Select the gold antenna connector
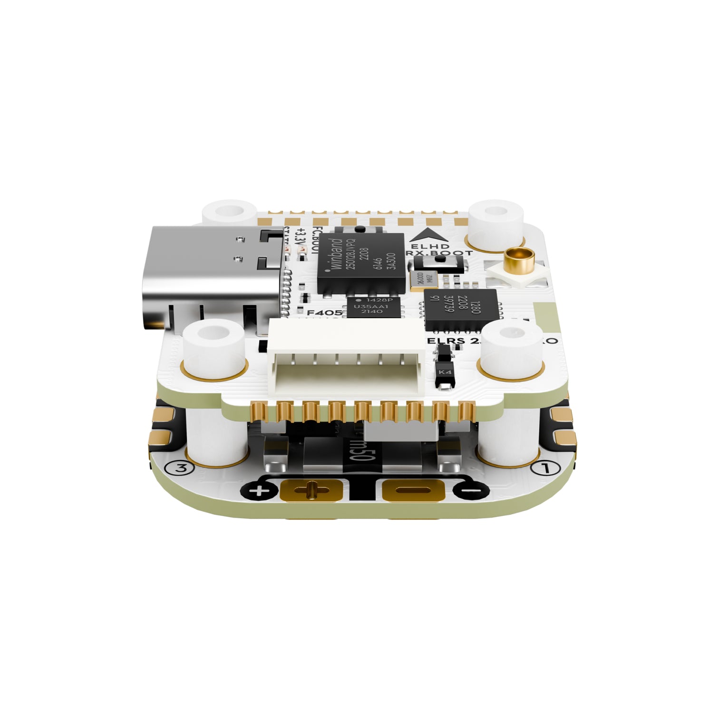point(520,261)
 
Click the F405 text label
point(324,313)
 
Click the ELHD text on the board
point(429,246)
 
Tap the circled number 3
point(181,468)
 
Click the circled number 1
point(541,467)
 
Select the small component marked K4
point(445,371)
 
